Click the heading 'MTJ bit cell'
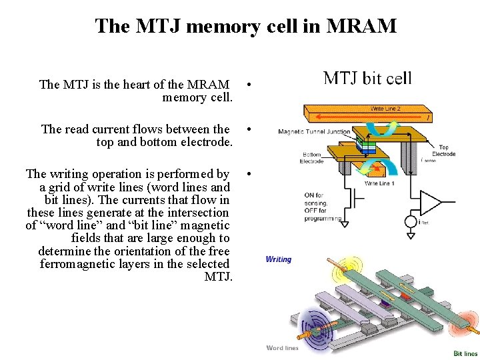coord(367,78)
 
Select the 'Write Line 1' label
coord(379,183)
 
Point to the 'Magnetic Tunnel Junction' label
coord(314,132)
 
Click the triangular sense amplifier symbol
coord(430,202)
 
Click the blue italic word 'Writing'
coord(279,259)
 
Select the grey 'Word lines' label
coord(283,347)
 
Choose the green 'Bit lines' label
coord(465,353)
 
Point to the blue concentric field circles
coord(314,327)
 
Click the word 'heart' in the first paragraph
coord(133,85)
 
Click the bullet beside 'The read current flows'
coord(248,129)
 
